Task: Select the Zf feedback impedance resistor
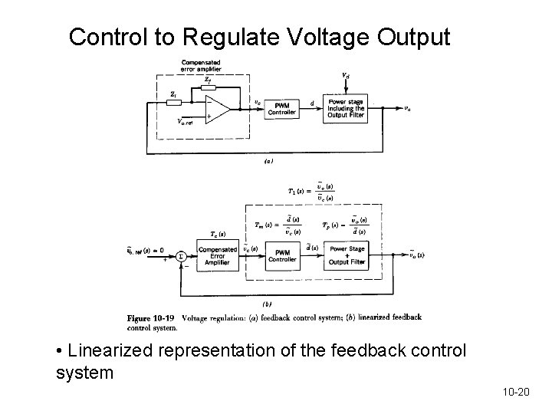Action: [x=208, y=87]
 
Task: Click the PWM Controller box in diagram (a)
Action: [x=282, y=108]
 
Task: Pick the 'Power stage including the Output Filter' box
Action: [x=347, y=109]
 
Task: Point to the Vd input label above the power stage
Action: [x=347, y=75]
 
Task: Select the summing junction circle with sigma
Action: [x=180, y=257]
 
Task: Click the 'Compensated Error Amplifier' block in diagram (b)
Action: [x=217, y=255]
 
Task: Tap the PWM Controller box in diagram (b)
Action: [x=282, y=255]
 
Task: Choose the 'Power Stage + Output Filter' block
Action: [x=347, y=255]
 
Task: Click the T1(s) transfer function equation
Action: [x=310, y=192]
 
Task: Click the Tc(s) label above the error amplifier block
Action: [x=217, y=235]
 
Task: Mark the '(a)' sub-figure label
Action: [x=268, y=162]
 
